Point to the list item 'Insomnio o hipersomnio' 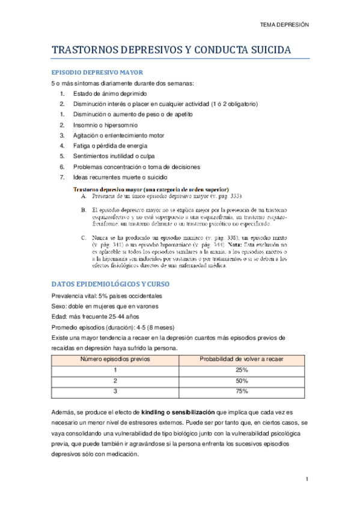point(105,125)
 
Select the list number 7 point(63,177)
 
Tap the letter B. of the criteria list point(85,209)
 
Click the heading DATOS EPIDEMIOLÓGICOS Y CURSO point(111,283)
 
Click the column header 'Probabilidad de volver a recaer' point(242,359)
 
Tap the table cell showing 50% point(242,381)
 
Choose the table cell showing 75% point(242,392)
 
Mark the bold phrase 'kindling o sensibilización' point(178,413)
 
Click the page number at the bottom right point(307,479)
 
